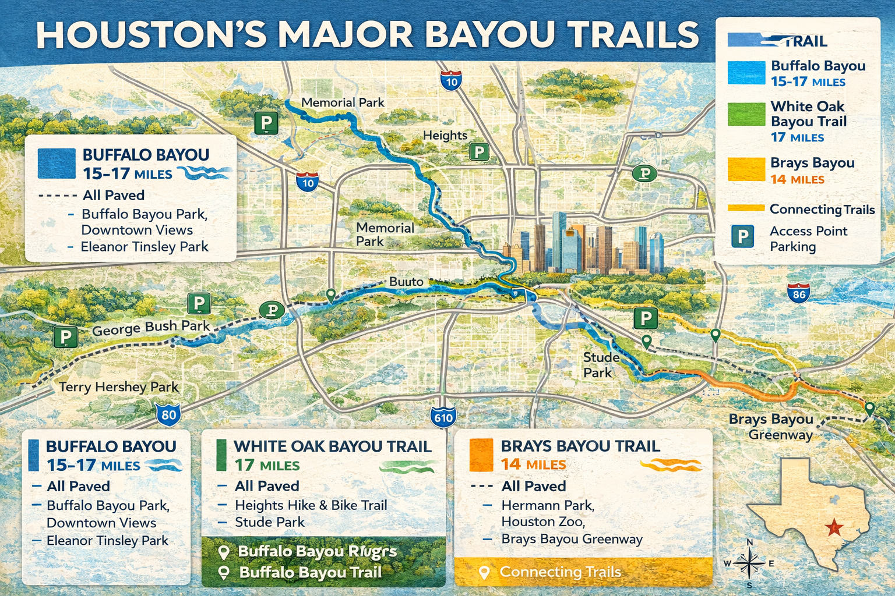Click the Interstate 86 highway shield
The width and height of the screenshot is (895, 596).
(x=798, y=293)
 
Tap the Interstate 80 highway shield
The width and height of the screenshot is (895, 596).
(x=168, y=414)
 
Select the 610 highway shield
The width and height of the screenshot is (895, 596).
(x=443, y=417)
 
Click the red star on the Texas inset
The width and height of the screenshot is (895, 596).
(x=834, y=528)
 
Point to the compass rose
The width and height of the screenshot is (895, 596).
(x=749, y=563)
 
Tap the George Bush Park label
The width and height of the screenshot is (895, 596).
(x=151, y=328)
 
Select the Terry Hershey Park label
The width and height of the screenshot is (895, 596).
(x=119, y=387)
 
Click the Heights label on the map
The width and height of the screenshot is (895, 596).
(x=445, y=136)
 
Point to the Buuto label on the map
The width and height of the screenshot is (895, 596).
(x=406, y=282)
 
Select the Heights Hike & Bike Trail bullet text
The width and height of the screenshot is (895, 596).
(x=311, y=505)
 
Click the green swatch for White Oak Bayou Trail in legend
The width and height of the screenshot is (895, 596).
(x=746, y=114)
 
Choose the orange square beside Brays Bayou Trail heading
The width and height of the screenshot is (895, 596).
(x=481, y=455)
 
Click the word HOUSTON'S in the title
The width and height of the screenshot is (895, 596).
(x=151, y=36)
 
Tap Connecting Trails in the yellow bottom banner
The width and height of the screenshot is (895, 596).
(x=560, y=572)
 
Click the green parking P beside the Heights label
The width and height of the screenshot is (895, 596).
(x=479, y=152)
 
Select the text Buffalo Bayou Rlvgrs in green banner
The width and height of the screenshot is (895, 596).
(x=317, y=551)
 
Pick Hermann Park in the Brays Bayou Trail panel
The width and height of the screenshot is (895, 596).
(x=548, y=505)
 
